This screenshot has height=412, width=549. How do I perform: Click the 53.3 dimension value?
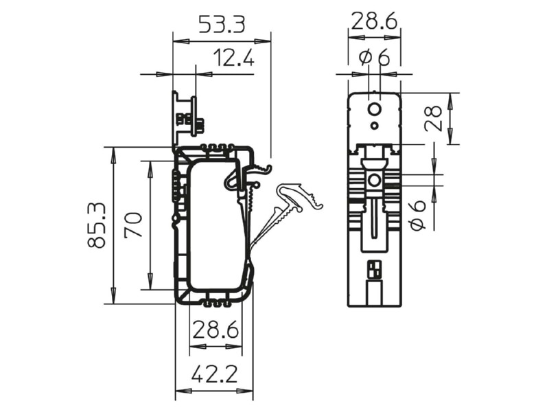pyautogui.click(x=222, y=24)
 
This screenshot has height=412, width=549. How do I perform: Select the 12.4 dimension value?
pyautogui.click(x=233, y=58)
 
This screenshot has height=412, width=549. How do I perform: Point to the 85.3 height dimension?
pyautogui.click(x=96, y=225)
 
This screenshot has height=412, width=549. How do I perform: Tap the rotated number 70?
pyautogui.click(x=133, y=225)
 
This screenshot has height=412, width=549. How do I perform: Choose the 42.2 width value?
pyautogui.click(x=215, y=374)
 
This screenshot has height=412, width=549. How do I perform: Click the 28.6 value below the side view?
pyautogui.click(x=215, y=330)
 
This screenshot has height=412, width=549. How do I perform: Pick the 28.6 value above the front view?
pyautogui.click(x=374, y=21)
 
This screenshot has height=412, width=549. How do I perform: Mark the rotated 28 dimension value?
pyautogui.click(x=434, y=118)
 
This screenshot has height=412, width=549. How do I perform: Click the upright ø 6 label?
pyautogui.click(x=375, y=57)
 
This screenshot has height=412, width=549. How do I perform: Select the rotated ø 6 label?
pyautogui.click(x=418, y=215)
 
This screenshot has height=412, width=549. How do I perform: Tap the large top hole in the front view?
pyautogui.click(x=375, y=110)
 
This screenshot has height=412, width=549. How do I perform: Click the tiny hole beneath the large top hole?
pyautogui.click(x=375, y=125)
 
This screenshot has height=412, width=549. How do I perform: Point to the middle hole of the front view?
pyautogui.click(x=375, y=181)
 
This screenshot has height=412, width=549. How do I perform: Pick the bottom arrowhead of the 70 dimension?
pyautogui.click(x=150, y=282)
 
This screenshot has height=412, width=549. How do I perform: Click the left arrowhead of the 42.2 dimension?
pyautogui.click(x=183, y=391)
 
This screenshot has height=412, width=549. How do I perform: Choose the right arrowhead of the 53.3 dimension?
pyautogui.click(x=263, y=41)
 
